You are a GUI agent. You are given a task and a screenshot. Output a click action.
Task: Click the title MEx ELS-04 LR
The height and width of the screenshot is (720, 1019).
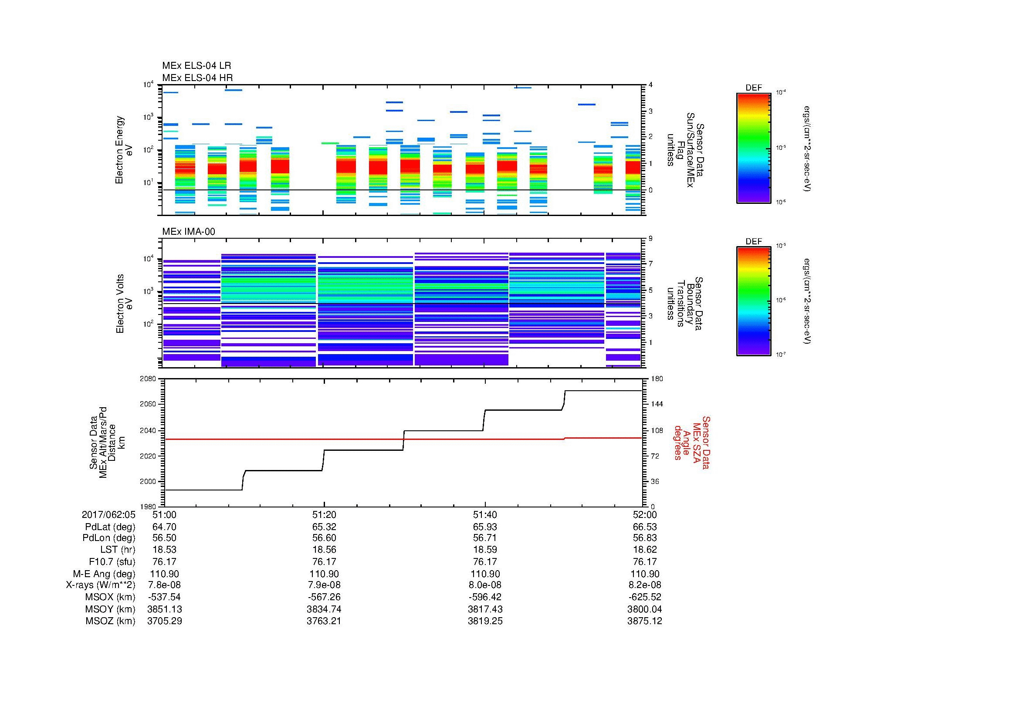click(x=196, y=66)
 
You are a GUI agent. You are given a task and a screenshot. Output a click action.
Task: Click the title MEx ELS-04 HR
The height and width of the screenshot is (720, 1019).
click(x=197, y=78)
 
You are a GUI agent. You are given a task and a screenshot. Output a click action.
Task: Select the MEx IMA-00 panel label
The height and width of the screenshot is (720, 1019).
click(x=189, y=232)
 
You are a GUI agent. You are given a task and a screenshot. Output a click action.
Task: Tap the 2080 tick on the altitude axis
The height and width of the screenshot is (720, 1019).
click(x=148, y=379)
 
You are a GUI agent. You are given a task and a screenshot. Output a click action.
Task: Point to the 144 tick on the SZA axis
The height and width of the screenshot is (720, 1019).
click(x=657, y=404)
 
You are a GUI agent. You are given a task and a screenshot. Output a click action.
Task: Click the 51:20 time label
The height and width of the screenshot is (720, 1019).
click(x=324, y=514)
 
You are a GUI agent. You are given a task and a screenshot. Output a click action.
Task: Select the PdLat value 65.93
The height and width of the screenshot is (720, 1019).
click(x=485, y=527)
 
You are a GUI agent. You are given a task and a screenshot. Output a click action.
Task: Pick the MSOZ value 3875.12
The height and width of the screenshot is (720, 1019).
click(x=644, y=621)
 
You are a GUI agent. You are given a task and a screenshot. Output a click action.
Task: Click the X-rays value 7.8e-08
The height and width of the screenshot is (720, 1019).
click(x=164, y=585)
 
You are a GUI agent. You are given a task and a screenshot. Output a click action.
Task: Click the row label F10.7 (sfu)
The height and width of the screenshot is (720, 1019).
click(x=112, y=561)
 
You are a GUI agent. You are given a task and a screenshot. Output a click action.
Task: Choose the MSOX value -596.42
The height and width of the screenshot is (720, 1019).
click(x=485, y=597)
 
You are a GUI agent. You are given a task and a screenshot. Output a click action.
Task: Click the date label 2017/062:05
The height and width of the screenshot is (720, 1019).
click(x=108, y=514)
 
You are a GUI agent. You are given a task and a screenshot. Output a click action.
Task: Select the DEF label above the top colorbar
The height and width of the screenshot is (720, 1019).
click(x=754, y=88)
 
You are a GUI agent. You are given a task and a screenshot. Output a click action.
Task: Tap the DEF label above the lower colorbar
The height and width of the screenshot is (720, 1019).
click(x=754, y=241)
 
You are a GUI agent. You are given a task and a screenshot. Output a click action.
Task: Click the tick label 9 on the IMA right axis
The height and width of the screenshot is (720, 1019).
click(x=650, y=239)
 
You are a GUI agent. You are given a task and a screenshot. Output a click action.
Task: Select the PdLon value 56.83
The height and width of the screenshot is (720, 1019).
click(x=644, y=538)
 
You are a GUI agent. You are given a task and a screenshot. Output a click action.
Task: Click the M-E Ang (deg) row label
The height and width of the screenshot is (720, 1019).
click(x=104, y=574)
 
